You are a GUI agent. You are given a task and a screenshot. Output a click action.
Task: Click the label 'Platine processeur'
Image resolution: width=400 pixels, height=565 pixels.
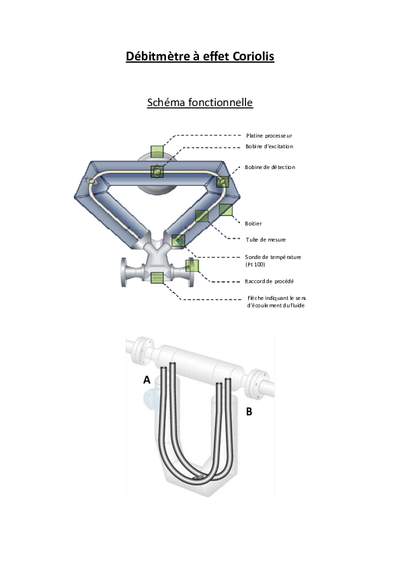pyautogui.click(x=269, y=135)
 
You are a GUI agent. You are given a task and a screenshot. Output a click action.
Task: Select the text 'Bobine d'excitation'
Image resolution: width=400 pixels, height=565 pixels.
pyautogui.click(x=269, y=146)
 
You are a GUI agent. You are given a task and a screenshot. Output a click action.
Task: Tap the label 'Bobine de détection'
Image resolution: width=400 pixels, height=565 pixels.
pyautogui.click(x=270, y=167)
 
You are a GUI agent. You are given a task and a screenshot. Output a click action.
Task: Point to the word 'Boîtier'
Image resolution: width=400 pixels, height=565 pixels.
pyautogui.click(x=253, y=223)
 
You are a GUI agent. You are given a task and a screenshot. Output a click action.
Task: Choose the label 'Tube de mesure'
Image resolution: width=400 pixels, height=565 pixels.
pyautogui.click(x=266, y=239)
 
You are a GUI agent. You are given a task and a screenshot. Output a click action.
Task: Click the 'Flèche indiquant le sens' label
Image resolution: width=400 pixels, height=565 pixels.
pyautogui.click(x=276, y=299)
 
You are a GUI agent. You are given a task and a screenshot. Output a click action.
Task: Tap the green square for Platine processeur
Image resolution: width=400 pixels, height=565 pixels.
pyautogui.click(x=157, y=151)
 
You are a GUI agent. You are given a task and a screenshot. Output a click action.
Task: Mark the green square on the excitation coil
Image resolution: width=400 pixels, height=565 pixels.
pyautogui.click(x=157, y=172)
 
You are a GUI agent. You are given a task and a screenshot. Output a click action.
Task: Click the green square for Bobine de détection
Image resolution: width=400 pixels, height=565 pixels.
pyautogui.click(x=223, y=181)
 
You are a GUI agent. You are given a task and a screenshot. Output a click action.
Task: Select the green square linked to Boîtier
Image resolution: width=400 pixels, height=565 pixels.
pyautogui.click(x=226, y=210)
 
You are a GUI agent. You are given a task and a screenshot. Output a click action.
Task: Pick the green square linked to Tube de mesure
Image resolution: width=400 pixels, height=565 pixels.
pyautogui.click(x=201, y=215)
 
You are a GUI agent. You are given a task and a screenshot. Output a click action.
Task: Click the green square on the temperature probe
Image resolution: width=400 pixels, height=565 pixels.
pyautogui.click(x=178, y=240)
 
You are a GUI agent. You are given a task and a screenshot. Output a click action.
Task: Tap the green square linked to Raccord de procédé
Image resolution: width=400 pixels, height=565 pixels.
pyautogui.click(x=192, y=266)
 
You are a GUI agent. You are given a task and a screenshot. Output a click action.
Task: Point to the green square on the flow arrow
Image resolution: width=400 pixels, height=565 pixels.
pyautogui.click(x=157, y=277)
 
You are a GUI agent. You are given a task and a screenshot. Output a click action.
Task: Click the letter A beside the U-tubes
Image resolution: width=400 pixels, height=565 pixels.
pyautogui.click(x=147, y=380)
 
